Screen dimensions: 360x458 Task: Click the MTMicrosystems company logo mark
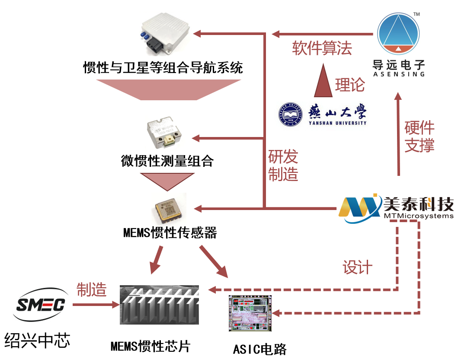tap(360, 208)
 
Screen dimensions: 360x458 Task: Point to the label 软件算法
tap(322, 48)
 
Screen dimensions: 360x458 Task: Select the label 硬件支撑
tap(419, 137)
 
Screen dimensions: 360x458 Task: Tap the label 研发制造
tap(283, 166)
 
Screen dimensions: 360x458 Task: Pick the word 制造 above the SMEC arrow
tap(91, 290)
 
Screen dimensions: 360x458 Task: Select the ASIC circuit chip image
tap(250, 314)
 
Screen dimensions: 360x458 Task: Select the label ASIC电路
tap(260, 349)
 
